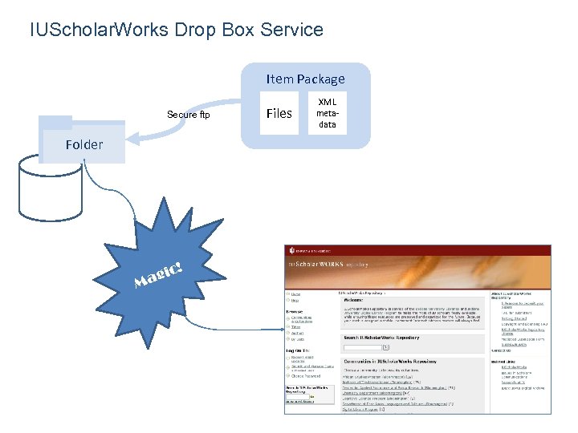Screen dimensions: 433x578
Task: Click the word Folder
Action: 83,144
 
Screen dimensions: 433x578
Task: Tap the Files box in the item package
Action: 279,113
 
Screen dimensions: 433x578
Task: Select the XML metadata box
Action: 328,113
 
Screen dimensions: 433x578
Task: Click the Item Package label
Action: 305,79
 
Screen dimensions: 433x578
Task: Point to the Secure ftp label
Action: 188,115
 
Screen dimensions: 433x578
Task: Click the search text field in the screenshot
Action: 362,347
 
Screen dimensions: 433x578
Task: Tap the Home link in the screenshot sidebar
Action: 296,293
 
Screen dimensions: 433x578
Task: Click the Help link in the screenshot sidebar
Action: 295,301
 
